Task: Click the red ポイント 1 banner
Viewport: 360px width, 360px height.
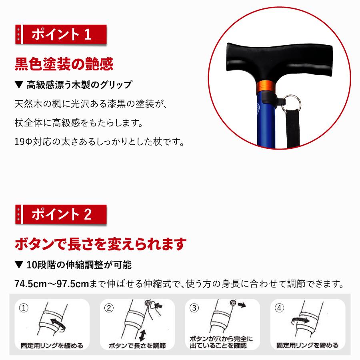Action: [x=61, y=34]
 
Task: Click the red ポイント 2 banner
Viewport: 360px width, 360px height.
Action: [x=61, y=214]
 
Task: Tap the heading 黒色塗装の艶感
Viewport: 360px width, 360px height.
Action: [x=64, y=64]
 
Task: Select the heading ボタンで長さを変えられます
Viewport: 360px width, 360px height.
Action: [x=100, y=244]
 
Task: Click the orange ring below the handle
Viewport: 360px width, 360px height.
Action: [x=266, y=86]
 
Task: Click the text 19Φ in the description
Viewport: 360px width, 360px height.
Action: [x=23, y=142]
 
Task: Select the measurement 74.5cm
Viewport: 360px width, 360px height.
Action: [x=30, y=284]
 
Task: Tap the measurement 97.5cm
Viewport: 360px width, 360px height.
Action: [x=73, y=284]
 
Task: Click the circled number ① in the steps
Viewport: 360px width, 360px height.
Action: [x=24, y=308]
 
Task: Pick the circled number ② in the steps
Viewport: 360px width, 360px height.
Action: [x=109, y=308]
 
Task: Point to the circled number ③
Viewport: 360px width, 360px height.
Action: [x=194, y=308]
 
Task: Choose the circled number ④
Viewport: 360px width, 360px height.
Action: [x=280, y=308]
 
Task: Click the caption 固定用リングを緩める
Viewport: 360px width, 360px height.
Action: [x=52, y=346]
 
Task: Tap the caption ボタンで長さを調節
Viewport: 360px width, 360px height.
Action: [x=137, y=346]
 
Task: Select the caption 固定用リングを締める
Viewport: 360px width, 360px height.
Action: [x=308, y=345]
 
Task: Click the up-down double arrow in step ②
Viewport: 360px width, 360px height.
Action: [x=142, y=335]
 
